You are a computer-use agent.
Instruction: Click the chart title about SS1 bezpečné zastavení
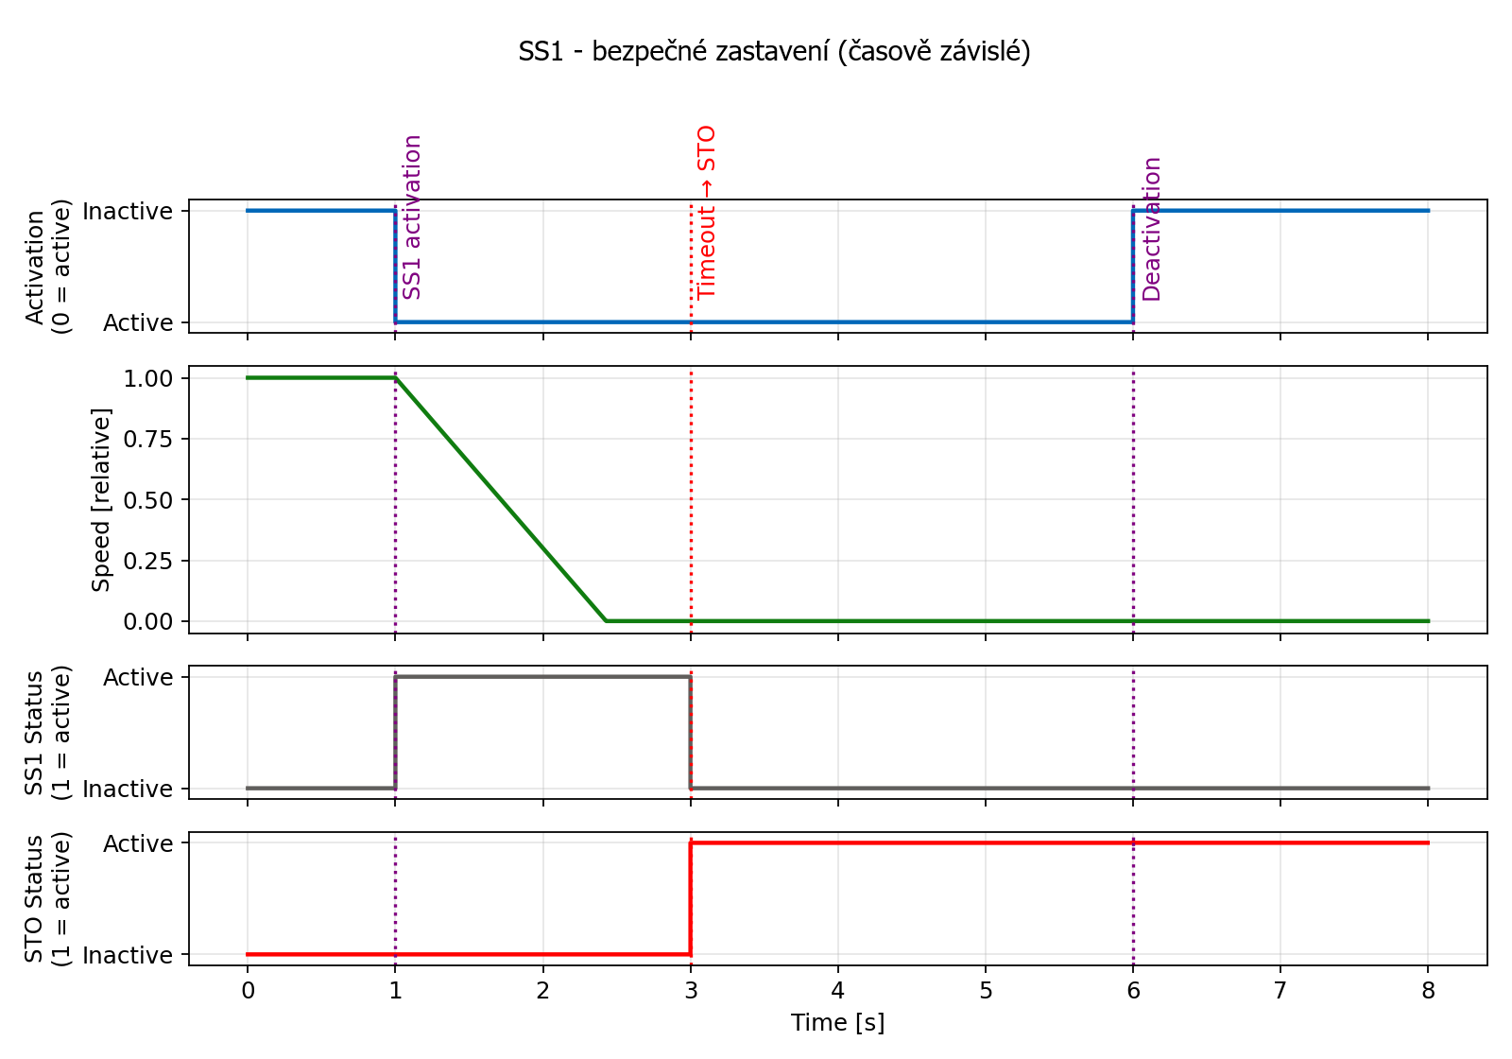click(x=774, y=51)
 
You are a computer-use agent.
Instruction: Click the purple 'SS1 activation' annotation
click(x=412, y=217)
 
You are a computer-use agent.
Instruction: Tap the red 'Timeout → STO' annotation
click(x=707, y=212)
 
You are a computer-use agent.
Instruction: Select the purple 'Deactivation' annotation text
click(x=1151, y=229)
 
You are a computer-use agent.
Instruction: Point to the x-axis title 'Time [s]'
click(x=837, y=1022)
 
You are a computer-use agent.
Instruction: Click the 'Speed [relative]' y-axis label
click(x=101, y=499)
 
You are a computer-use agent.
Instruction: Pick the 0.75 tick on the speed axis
click(x=148, y=439)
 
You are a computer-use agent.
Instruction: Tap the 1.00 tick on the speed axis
click(x=148, y=378)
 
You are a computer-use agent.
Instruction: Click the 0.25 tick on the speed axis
click(x=148, y=561)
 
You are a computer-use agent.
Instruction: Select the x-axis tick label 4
click(x=837, y=990)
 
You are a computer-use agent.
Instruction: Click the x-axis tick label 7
click(x=1280, y=990)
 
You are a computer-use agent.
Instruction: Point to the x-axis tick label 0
click(x=248, y=990)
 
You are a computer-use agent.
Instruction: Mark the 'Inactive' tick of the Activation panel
click(x=128, y=211)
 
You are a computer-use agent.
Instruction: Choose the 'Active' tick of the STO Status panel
click(x=138, y=843)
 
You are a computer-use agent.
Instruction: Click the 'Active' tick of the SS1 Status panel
click(x=138, y=677)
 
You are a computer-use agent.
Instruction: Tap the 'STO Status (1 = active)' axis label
click(x=47, y=898)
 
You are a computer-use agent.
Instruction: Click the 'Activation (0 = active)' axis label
click(x=47, y=266)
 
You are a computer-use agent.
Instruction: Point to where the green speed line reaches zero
click(x=606, y=620)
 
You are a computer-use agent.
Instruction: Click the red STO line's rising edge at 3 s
click(x=691, y=898)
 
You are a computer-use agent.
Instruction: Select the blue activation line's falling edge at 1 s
click(x=395, y=266)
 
